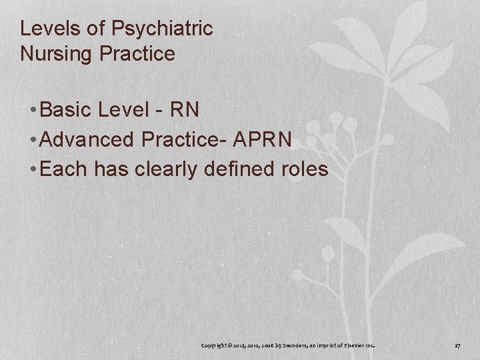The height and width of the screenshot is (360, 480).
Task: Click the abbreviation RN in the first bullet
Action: click(185, 109)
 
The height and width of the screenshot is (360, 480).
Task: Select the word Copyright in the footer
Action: click(218, 346)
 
